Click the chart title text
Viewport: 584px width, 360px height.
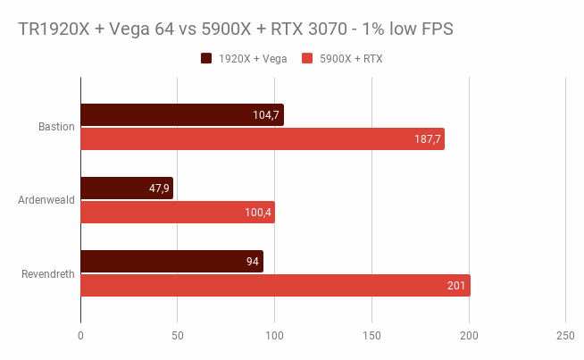pos(236,29)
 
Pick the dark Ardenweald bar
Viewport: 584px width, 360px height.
pos(126,188)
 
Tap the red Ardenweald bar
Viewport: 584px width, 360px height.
pos(177,212)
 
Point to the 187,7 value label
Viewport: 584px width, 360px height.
pos(428,138)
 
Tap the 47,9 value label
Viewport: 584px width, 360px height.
pos(156,188)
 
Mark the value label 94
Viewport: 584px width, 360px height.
pos(251,261)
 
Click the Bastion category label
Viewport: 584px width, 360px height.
pos(55,126)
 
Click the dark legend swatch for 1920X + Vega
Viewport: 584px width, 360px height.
pos(206,59)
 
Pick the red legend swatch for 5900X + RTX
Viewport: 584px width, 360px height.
pos(307,59)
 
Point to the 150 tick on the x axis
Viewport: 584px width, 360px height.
pos(371,336)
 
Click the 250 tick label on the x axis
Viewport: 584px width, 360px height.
pos(565,336)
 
